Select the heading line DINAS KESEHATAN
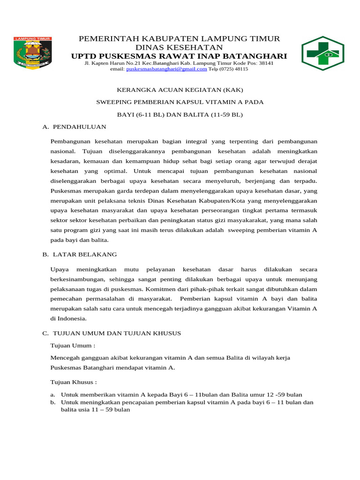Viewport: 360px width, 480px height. tap(179, 47)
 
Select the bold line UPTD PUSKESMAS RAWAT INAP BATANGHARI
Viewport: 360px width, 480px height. tap(179, 56)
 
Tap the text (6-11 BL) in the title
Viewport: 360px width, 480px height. tap(149, 114)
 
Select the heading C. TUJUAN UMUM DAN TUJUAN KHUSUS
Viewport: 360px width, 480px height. tap(112, 333)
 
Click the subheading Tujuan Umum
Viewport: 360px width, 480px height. tap(73, 345)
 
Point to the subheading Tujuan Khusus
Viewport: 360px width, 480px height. tap(74, 382)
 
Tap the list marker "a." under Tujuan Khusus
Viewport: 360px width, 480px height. tap(53, 395)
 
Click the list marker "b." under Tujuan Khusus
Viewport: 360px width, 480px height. tap(53, 403)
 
